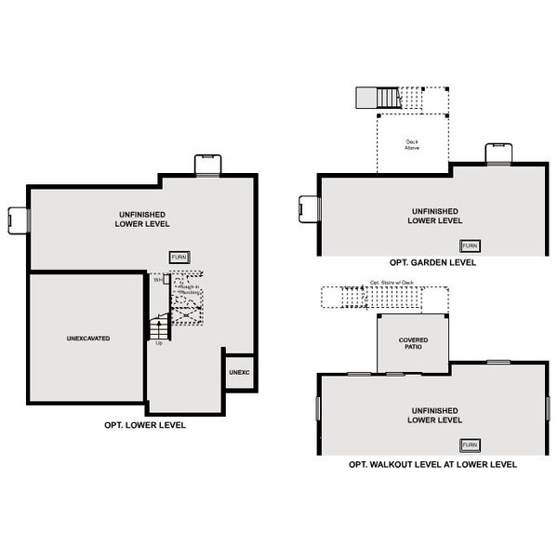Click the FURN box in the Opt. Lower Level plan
coord(179,257)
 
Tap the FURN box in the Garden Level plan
coord(472,246)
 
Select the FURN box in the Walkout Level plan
coord(472,445)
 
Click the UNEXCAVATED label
coord(88,339)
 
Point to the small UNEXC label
coord(239,373)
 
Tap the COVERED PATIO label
coord(414,342)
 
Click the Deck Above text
coord(411,145)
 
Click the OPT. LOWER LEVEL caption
coord(145,425)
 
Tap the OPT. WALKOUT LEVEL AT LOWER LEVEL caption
coord(432,464)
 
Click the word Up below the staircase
coord(159,343)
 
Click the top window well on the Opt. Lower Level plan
coord(207,165)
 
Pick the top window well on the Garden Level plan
coord(498,154)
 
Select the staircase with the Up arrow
coord(159,326)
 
